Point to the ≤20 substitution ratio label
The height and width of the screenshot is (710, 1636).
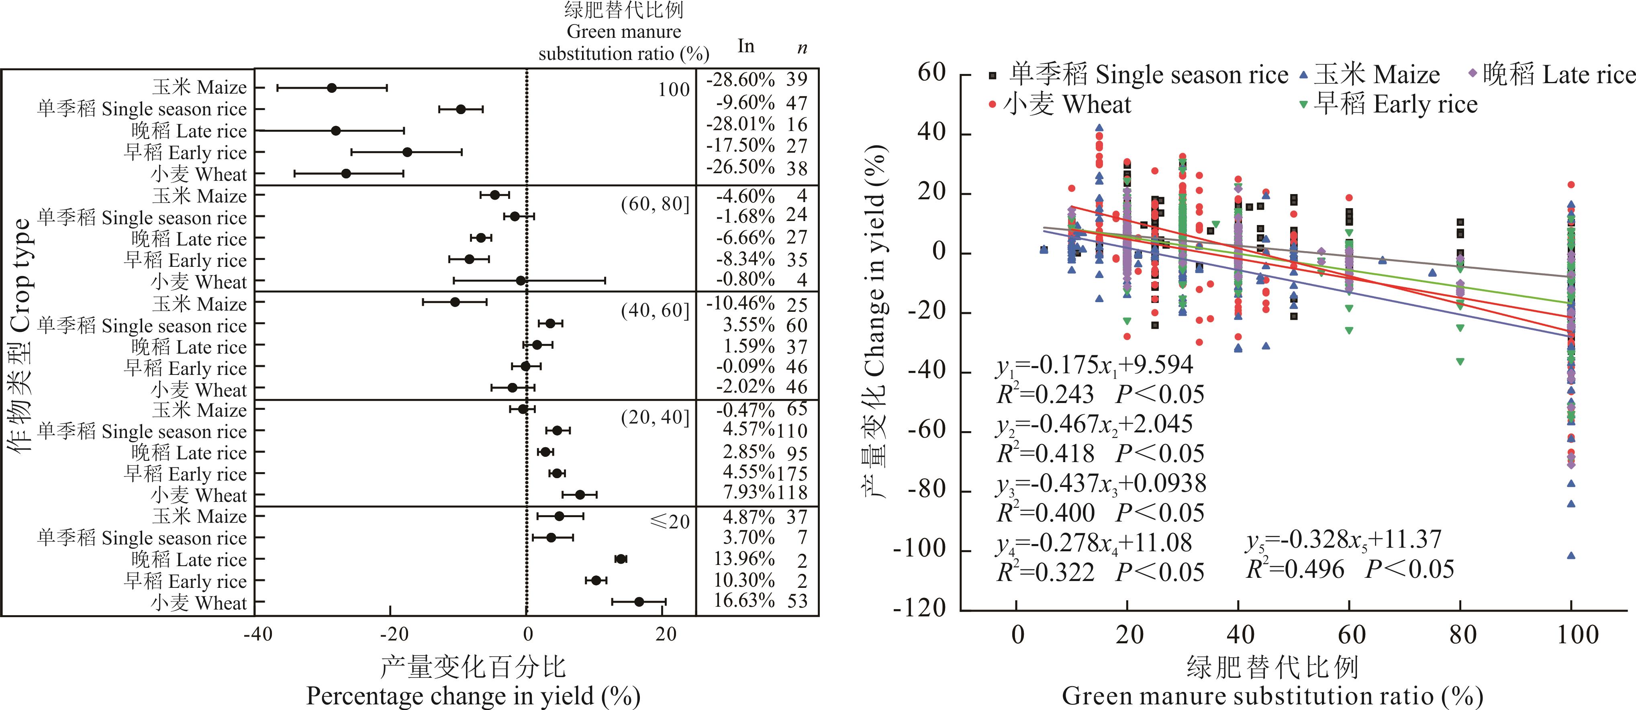pyautogui.click(x=670, y=522)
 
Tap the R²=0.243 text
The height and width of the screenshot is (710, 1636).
pyautogui.click(x=1046, y=394)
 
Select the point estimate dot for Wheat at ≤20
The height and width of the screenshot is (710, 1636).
pyautogui.click(x=639, y=602)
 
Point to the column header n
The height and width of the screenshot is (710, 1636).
pyautogui.click(x=803, y=47)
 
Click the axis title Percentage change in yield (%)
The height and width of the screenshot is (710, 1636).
pyautogui.click(x=473, y=696)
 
